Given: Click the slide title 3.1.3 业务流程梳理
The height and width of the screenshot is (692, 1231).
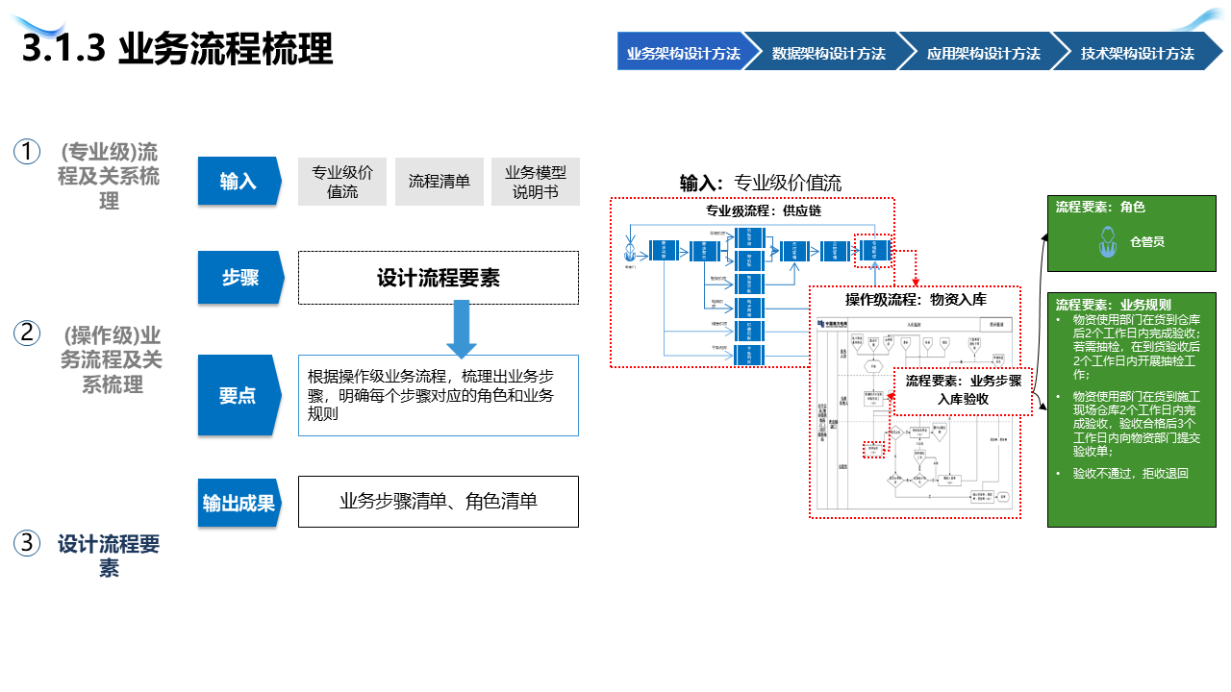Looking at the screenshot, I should pos(178,49).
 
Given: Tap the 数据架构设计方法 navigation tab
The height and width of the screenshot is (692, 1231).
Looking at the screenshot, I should pos(828,53).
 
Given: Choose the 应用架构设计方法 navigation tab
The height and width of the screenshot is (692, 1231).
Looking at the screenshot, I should pos(983,53).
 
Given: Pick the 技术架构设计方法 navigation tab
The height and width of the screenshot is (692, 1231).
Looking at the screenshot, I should pos(1137,53).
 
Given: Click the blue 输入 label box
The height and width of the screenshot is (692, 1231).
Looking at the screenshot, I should pos(238,181).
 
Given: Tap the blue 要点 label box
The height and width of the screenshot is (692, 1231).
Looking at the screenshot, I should pos(238,395).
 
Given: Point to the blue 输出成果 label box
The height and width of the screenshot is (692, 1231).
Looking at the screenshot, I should pos(239,503).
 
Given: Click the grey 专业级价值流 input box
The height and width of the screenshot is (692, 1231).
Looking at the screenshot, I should pos(342,182).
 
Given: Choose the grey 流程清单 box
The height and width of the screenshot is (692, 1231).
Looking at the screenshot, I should pos(440,182).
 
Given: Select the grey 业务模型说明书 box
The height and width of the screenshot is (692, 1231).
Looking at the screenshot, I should pos(536,182).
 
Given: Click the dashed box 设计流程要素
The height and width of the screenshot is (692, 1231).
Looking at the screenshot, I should pos(439,278).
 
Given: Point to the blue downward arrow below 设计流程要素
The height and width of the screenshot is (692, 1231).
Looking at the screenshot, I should pos(462,328).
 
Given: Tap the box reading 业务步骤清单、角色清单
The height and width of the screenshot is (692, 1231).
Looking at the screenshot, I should pos(439,502).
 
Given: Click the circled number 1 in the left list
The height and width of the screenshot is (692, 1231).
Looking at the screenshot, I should pos(27,152).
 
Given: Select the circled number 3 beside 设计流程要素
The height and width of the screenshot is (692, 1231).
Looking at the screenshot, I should pos(27,543).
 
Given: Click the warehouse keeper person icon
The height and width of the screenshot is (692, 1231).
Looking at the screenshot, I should pos(1107,241).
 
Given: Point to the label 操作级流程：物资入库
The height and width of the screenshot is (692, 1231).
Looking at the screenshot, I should pos(916,300).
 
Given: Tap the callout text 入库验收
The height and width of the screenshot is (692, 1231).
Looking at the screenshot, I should pos(964,398).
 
